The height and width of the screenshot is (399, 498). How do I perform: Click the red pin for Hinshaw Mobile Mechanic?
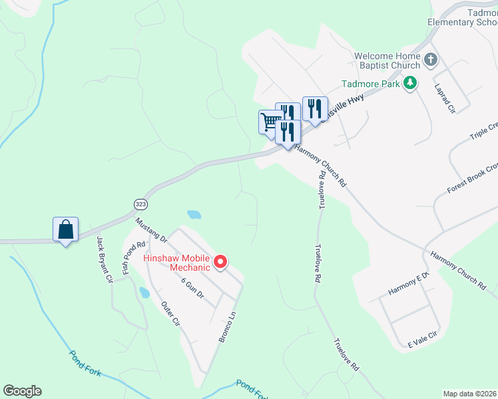[x=220, y=263]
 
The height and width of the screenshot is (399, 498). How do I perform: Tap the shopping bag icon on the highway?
[x=66, y=230]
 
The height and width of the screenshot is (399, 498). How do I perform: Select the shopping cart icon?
[x=270, y=122]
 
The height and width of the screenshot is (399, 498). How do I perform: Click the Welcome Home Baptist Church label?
[x=387, y=61]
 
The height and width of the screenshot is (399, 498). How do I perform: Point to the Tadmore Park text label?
[x=370, y=84]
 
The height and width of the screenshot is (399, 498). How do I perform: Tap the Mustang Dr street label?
[x=150, y=228]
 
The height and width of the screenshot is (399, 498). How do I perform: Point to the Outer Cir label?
[x=171, y=314]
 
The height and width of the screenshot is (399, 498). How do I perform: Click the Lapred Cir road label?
[x=443, y=97]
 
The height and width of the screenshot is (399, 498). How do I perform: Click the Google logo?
[x=23, y=391]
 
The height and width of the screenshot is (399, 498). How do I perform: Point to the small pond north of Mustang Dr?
[x=194, y=215]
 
